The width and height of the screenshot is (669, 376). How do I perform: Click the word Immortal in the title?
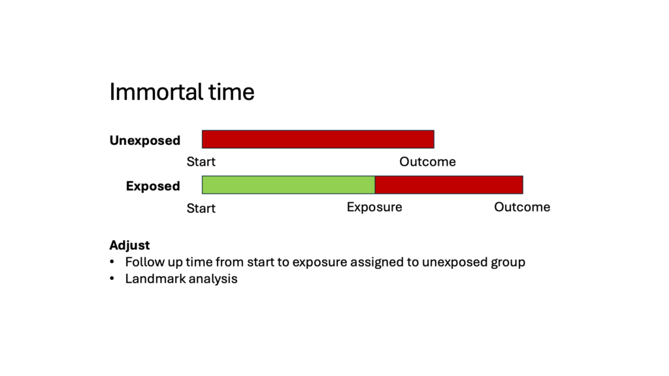click(x=156, y=92)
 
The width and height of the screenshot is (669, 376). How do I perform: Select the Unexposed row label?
click(x=145, y=140)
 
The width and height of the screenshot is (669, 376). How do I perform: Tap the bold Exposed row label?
click(x=153, y=186)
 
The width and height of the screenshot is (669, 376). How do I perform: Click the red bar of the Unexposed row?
click(x=318, y=140)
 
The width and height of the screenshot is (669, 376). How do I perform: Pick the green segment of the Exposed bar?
click(x=288, y=185)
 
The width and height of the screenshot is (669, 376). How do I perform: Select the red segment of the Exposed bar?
click(x=449, y=185)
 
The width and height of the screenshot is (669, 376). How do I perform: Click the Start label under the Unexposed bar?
click(x=201, y=162)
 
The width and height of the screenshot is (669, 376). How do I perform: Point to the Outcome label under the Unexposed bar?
click(x=427, y=162)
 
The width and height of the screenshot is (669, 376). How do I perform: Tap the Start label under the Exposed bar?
click(x=201, y=208)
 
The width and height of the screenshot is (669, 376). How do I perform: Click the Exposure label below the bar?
click(x=374, y=207)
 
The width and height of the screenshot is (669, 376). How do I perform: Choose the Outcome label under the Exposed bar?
click(x=522, y=207)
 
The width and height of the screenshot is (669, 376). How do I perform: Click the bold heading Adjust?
click(x=130, y=245)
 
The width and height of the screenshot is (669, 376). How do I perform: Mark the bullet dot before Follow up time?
click(x=112, y=262)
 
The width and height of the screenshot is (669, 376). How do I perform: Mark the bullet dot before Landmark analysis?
click(x=112, y=279)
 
